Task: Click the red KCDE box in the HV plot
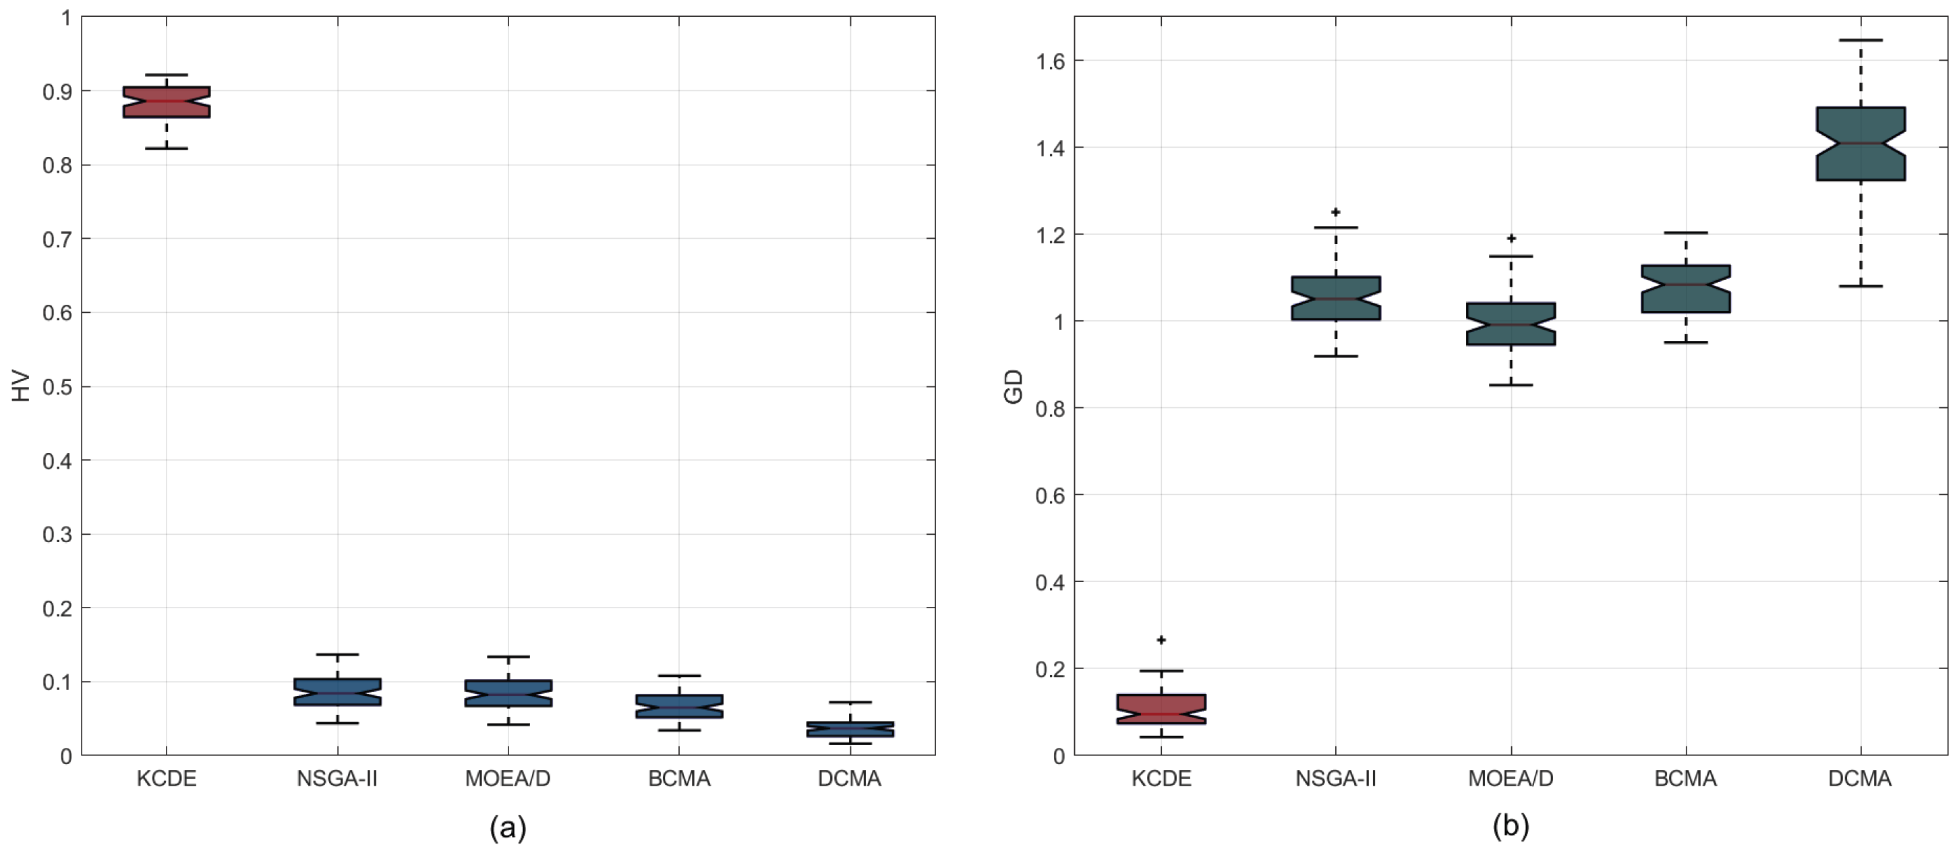(x=167, y=102)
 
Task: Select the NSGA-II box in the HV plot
(x=337, y=692)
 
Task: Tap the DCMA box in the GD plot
(x=1860, y=144)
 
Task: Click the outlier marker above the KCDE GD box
(x=1161, y=639)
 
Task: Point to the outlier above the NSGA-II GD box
(x=1335, y=212)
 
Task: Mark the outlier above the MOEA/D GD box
(x=1511, y=238)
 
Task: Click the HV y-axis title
(x=22, y=386)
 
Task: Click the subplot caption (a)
(x=507, y=826)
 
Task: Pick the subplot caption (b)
(x=1511, y=826)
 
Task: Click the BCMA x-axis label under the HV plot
(x=679, y=779)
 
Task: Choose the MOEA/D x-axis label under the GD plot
(x=1511, y=779)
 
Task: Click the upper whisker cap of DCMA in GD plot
(x=1860, y=40)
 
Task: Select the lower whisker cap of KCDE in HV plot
(x=167, y=148)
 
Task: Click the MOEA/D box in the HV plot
(x=508, y=694)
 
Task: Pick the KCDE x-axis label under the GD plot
(x=1161, y=779)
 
